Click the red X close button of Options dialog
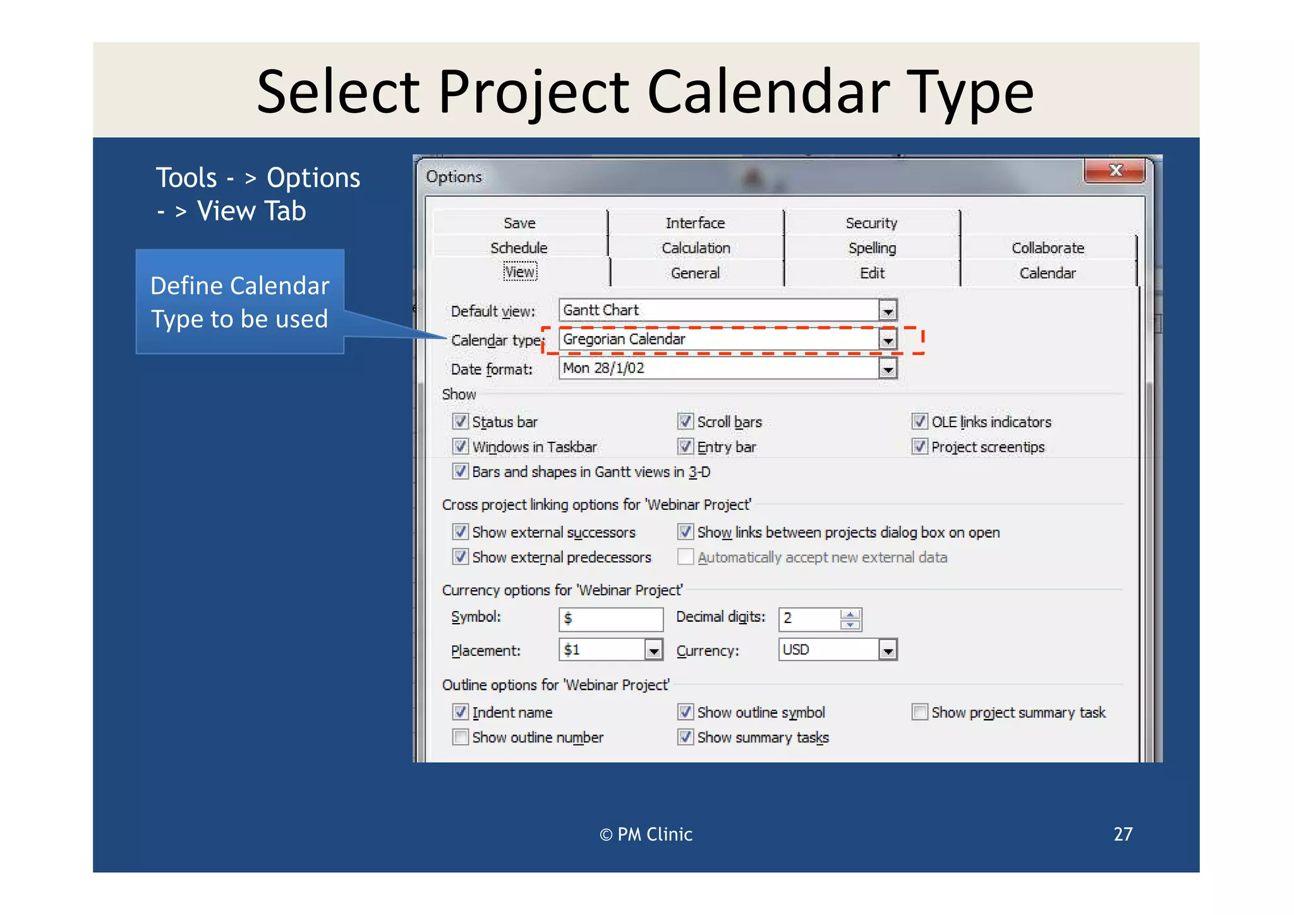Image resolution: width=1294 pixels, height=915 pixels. pyautogui.click(x=1115, y=171)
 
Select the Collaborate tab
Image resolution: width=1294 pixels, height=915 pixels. pyautogui.click(x=1048, y=248)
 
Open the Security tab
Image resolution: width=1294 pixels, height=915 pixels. pyautogui.click(x=871, y=223)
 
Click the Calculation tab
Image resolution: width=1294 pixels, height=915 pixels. pyautogui.click(x=696, y=248)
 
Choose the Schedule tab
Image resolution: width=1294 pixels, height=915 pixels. pyautogui.click(x=519, y=248)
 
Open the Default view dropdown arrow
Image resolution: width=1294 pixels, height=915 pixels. pyautogui.click(x=888, y=311)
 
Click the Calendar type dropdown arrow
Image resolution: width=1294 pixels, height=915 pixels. pyautogui.click(x=888, y=340)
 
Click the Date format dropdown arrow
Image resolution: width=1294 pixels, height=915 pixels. pyautogui.click(x=888, y=369)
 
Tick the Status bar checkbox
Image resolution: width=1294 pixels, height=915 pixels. pyautogui.click(x=461, y=421)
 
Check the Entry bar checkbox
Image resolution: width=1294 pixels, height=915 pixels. pyautogui.click(x=686, y=447)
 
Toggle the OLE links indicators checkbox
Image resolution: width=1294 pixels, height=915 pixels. pyautogui.click(x=920, y=421)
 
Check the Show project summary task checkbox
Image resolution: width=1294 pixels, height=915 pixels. pyautogui.click(x=920, y=712)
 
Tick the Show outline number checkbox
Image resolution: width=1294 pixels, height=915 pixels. pyautogui.click(x=461, y=737)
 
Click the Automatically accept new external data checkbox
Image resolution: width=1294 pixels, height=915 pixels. pyautogui.click(x=686, y=557)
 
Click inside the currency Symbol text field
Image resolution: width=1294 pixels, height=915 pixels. pyautogui.click(x=611, y=619)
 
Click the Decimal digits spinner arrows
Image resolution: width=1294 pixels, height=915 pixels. pyautogui.click(x=850, y=619)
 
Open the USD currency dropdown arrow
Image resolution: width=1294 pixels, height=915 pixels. pyautogui.click(x=888, y=650)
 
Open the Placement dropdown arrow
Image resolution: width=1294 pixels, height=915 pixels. pyautogui.click(x=653, y=650)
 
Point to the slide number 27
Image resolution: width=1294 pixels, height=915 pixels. pyautogui.click(x=1123, y=834)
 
